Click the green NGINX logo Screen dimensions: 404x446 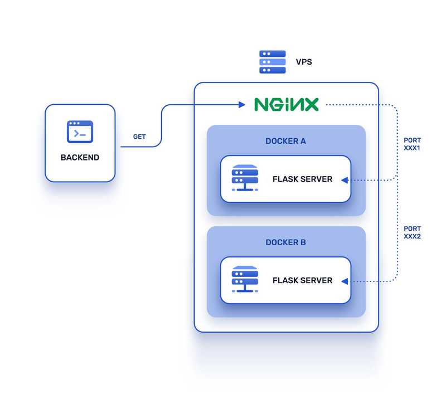[287, 104]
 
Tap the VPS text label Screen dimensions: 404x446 [304, 62]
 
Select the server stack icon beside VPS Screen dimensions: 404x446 [273, 62]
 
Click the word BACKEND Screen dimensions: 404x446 [80, 158]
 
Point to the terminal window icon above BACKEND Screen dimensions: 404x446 [80, 132]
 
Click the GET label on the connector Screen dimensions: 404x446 [139, 137]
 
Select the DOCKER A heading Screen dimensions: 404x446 [285, 141]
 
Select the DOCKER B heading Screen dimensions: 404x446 [285, 242]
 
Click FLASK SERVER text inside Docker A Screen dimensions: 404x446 [302, 179]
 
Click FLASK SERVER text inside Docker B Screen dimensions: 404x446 [302, 280]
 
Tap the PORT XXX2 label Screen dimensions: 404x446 [413, 232]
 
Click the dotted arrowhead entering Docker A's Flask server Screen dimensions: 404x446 [345, 179]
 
